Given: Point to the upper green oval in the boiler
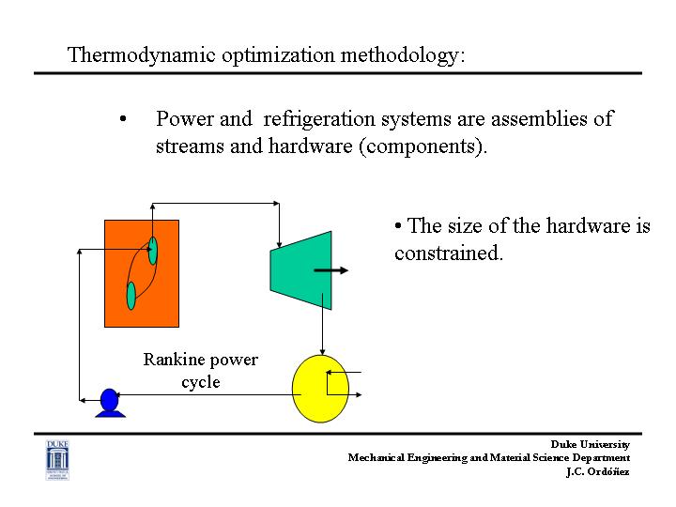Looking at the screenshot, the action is (153, 251).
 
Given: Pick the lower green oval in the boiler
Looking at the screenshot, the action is (131, 296).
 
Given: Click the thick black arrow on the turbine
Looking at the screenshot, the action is (330, 270).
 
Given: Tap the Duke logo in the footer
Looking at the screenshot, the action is (57, 460).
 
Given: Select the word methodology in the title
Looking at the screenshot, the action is (402, 56).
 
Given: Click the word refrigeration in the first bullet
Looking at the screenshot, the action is (319, 119).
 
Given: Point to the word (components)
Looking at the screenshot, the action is (423, 146).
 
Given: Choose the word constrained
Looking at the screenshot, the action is (449, 253).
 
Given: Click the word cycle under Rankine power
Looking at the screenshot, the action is (201, 382).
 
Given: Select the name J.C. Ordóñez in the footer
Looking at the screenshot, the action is (597, 471).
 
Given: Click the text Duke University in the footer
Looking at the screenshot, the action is (591, 444).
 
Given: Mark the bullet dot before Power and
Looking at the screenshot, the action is (123, 118).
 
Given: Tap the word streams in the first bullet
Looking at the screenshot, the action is (190, 146).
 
